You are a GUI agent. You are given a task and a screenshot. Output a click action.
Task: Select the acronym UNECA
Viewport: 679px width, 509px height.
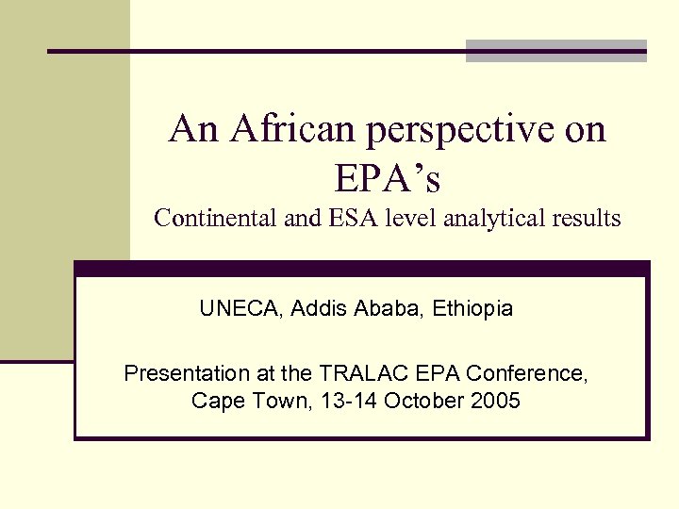pyautogui.click(x=241, y=308)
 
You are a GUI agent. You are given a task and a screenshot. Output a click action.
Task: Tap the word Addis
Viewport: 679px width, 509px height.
pyautogui.click(x=321, y=308)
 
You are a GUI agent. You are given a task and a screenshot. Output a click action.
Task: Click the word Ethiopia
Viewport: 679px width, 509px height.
pyautogui.click(x=471, y=308)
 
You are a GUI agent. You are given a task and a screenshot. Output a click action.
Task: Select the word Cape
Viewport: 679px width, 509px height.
pyautogui.click(x=213, y=401)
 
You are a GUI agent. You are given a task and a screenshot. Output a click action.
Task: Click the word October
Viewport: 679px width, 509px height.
pyautogui.click(x=422, y=401)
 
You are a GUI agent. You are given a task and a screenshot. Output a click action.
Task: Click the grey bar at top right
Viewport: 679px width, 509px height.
pyautogui.click(x=556, y=51)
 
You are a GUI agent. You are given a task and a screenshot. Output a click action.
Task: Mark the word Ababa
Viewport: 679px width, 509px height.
pyautogui.click(x=386, y=308)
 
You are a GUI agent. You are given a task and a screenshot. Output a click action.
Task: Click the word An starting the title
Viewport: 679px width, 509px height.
pyautogui.click(x=191, y=129)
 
